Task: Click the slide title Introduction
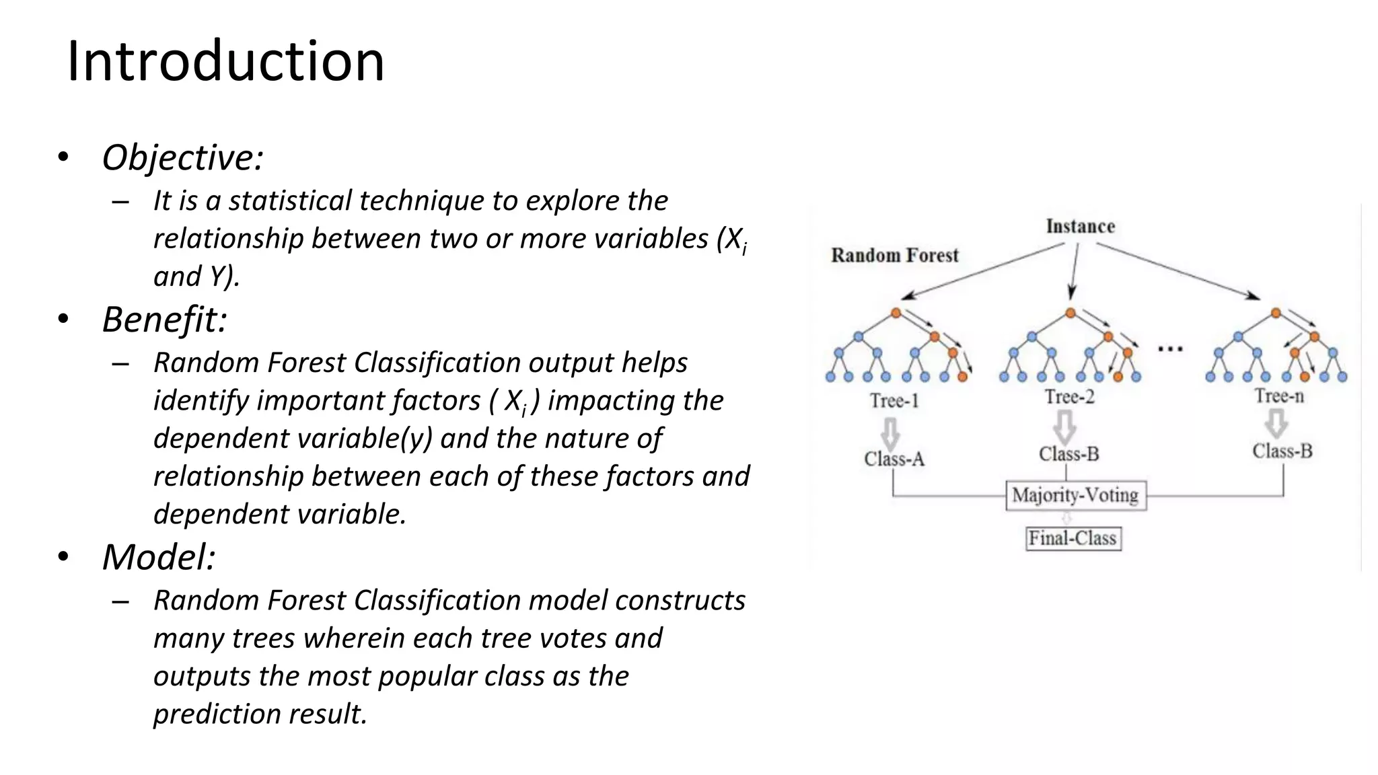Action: click(x=225, y=61)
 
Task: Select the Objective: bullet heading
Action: click(x=182, y=157)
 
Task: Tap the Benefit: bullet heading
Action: click(x=164, y=319)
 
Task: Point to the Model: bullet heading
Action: click(x=159, y=557)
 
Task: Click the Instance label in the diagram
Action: click(x=1080, y=227)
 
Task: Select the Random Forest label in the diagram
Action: click(x=894, y=256)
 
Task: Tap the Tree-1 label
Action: click(x=894, y=401)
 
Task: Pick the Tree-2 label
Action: click(x=1069, y=397)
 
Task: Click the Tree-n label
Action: click(x=1278, y=396)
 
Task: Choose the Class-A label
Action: click(x=894, y=459)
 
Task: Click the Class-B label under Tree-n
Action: click(x=1282, y=451)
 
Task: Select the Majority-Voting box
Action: click(x=1075, y=495)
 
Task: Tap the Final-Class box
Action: click(x=1073, y=538)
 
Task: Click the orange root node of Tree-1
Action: click(x=896, y=313)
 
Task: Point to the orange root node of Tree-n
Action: click(x=1276, y=313)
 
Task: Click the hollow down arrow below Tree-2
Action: click(x=1064, y=427)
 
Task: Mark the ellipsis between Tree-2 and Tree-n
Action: click(x=1170, y=349)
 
